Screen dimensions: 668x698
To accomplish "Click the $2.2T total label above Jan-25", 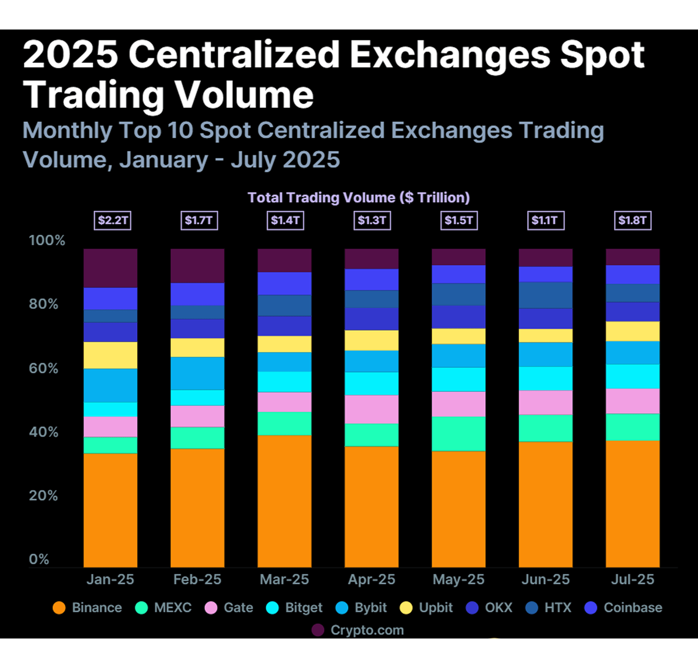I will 112,220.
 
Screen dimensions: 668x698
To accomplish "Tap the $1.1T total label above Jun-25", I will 546,220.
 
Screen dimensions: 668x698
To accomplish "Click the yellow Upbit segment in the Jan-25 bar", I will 110,355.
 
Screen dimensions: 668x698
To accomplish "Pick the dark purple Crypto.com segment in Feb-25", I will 197,266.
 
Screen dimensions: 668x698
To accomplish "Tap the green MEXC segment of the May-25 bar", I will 458,434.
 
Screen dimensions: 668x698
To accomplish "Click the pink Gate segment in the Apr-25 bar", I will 371,409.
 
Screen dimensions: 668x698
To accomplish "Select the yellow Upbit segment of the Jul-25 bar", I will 633,331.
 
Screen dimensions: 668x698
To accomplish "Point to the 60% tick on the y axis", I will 43,368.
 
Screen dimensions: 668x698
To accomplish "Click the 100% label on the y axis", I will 47,240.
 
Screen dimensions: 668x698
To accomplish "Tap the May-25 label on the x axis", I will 458,579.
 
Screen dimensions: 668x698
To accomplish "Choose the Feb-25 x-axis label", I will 197,579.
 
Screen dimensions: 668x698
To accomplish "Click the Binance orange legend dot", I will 59,608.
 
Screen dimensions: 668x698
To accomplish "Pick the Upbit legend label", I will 436,608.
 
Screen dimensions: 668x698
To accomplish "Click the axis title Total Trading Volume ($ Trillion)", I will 358,197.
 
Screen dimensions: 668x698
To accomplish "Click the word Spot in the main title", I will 602,55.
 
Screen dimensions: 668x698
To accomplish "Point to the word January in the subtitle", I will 164,159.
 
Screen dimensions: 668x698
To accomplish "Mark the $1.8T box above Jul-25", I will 633,220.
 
